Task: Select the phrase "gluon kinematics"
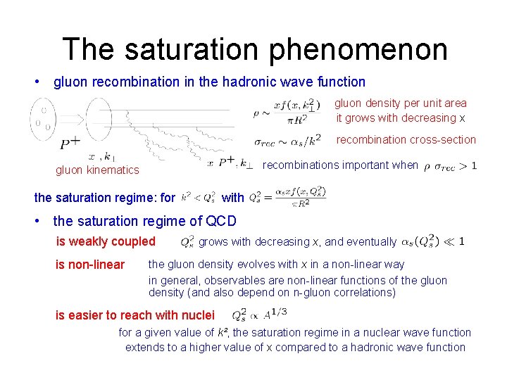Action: coord(97,170)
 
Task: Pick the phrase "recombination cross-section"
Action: coord(406,139)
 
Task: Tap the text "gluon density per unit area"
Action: coord(400,103)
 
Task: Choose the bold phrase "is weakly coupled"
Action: coord(106,241)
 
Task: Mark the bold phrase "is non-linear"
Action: coord(90,265)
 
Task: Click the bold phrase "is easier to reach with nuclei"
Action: coord(135,315)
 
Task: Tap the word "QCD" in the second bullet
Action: coord(220,221)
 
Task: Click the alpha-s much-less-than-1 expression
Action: coord(432,241)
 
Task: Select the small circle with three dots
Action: coord(44,119)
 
